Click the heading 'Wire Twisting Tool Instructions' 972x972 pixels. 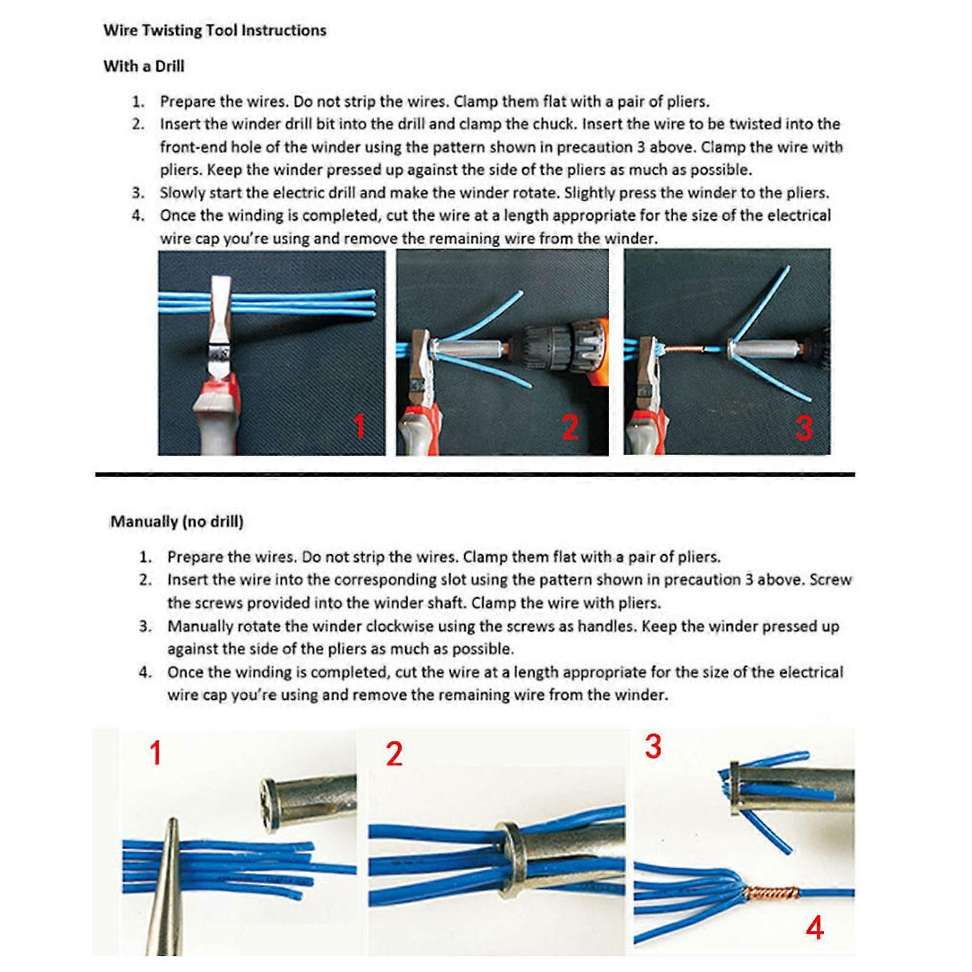click(214, 30)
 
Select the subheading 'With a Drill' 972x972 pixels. click(143, 66)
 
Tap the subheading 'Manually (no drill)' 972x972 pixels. click(176, 521)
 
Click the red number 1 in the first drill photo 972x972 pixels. click(359, 426)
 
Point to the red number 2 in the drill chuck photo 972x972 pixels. click(570, 427)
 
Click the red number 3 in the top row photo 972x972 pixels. click(804, 428)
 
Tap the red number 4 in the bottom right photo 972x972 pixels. click(815, 928)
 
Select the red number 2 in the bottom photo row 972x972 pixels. click(394, 755)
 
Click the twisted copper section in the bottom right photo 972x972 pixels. click(769, 894)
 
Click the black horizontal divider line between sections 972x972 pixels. click(474, 474)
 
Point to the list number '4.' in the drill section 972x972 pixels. click(139, 216)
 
